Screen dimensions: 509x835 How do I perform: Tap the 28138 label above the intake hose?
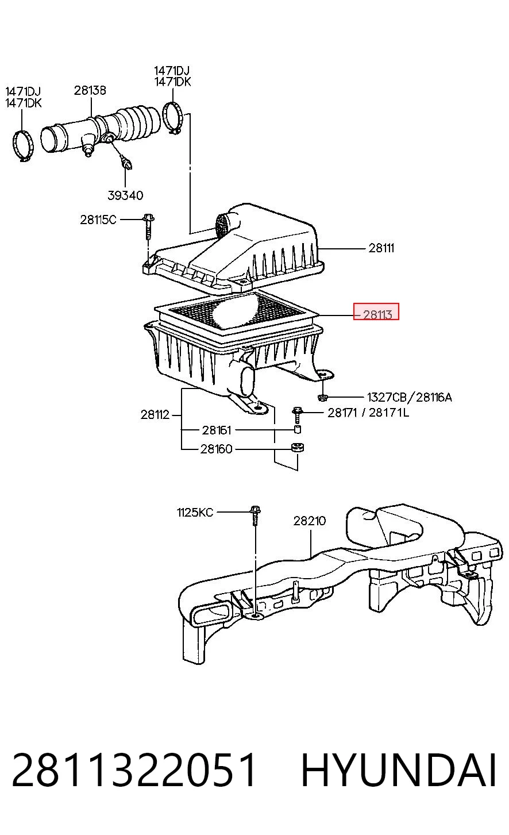[x=90, y=90]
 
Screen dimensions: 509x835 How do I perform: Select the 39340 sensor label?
[x=125, y=195]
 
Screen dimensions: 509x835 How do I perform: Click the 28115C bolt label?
[x=98, y=220]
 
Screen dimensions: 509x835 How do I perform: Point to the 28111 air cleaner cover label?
[x=381, y=248]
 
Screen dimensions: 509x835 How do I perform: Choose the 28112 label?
[x=155, y=414]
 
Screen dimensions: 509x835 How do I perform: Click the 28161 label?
[x=217, y=430]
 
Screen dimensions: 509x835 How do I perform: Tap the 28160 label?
[x=217, y=449]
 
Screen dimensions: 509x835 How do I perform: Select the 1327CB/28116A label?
[x=410, y=397]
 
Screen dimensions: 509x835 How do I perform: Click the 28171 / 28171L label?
[x=368, y=413]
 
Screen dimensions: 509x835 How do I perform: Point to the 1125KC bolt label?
[x=195, y=513]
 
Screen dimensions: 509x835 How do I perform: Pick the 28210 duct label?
[x=310, y=521]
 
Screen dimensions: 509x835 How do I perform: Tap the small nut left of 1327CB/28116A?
[x=322, y=397]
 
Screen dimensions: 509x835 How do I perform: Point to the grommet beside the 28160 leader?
[x=298, y=447]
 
